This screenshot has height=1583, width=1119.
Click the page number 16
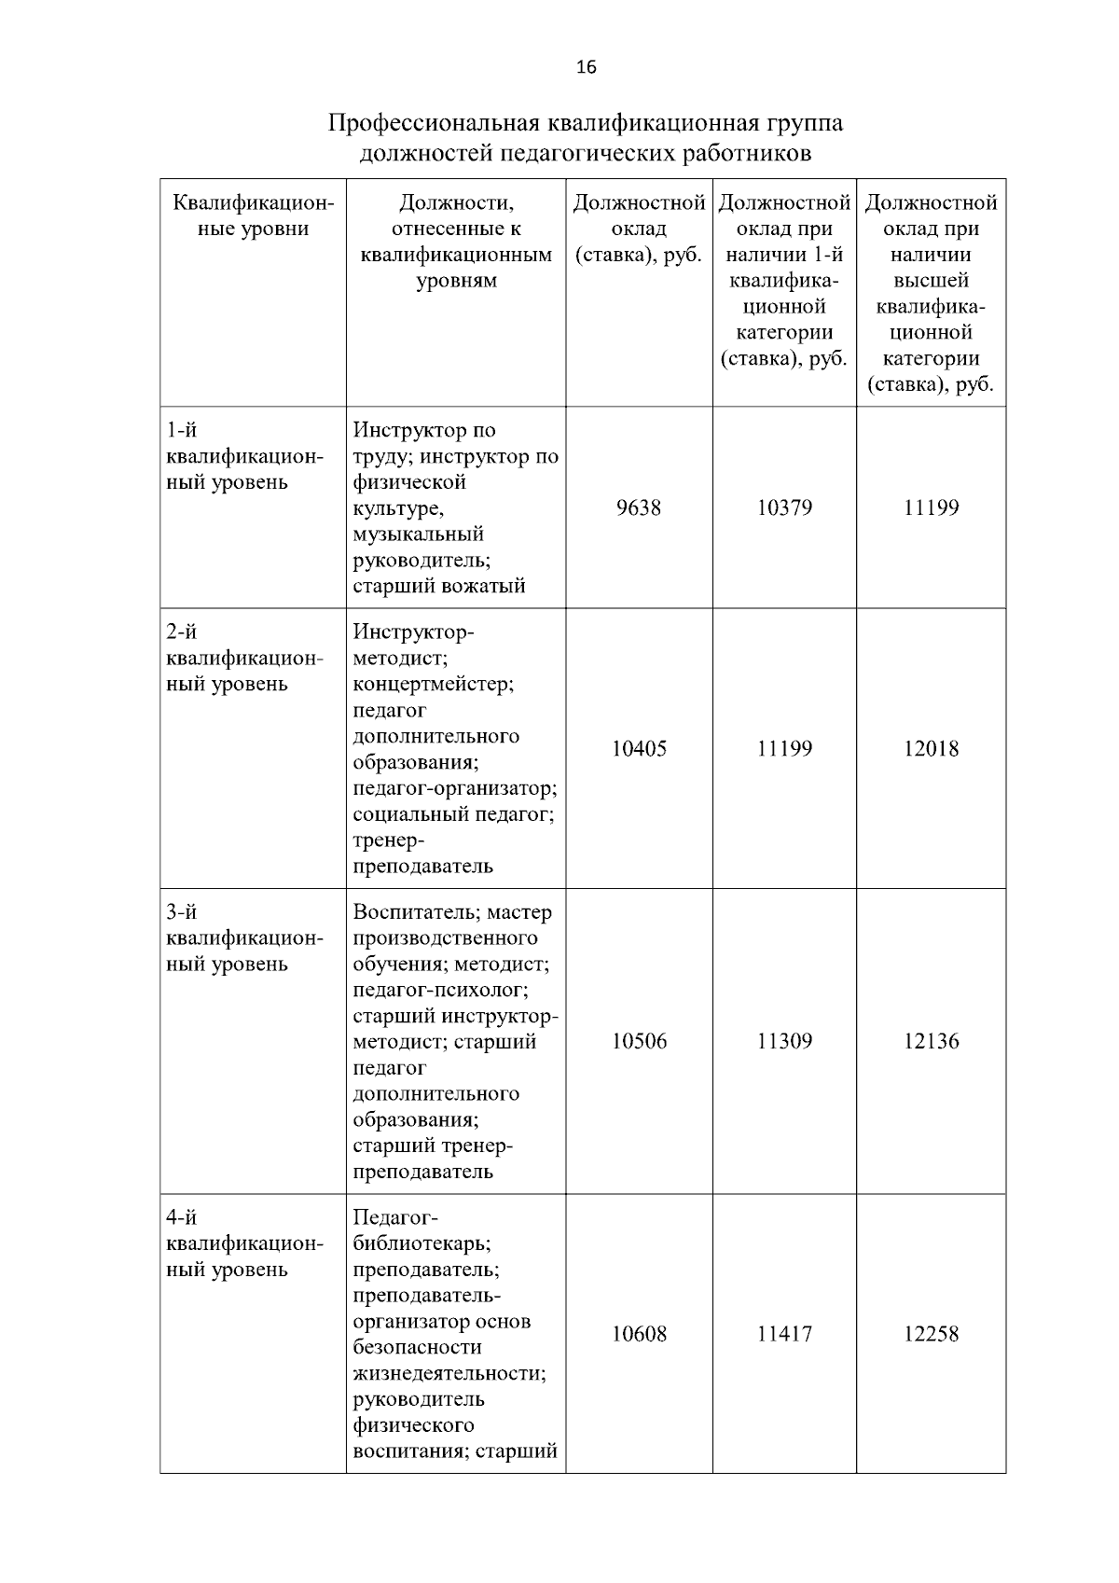pos(586,67)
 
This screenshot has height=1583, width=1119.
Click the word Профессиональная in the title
pos(433,124)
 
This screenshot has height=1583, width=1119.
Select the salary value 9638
pos(639,508)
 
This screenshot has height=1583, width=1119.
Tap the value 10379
pos(784,508)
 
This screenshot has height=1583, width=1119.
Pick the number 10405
pos(639,749)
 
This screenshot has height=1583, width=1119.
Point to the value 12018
pos(931,749)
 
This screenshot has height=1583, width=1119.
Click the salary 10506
pos(639,1042)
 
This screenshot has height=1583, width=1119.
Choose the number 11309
pos(784,1042)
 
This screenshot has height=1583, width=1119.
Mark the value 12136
pos(931,1042)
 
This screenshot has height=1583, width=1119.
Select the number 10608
pos(639,1335)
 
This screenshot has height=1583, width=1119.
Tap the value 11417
pos(784,1335)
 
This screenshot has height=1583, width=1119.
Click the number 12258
pos(931,1335)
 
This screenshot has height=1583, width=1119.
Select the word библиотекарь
pos(421,1244)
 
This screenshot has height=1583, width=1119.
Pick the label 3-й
pos(181,912)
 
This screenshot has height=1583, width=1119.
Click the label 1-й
pos(181,431)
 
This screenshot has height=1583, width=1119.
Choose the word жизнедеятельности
pos(449,1374)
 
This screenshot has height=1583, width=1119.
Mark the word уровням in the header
pos(456,282)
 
